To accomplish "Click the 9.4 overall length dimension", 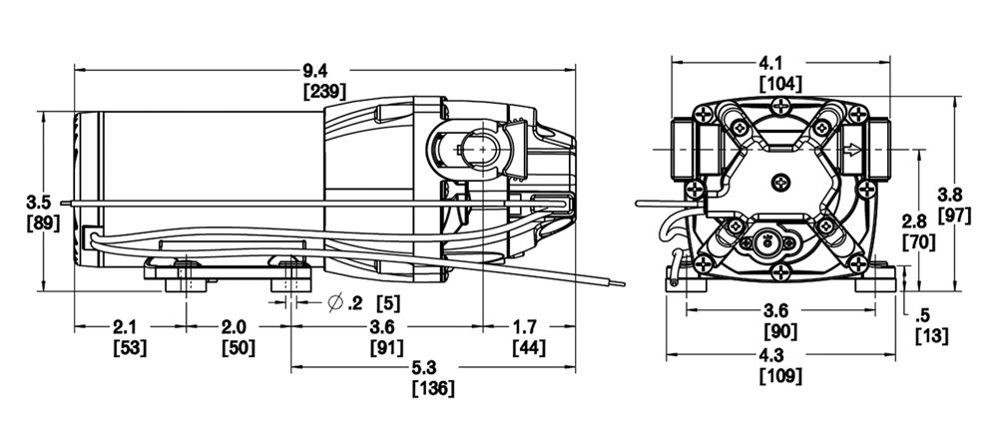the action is pyautogui.click(x=324, y=68).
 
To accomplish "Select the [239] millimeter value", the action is pyautogui.click(x=324, y=92).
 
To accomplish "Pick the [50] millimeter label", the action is pyautogui.click(x=239, y=348).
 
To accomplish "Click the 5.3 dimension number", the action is pyautogui.click(x=433, y=367).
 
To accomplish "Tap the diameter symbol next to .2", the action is pyautogui.click(x=336, y=303).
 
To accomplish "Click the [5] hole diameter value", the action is pyautogui.click(x=389, y=303).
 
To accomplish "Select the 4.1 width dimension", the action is pyautogui.click(x=781, y=63).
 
